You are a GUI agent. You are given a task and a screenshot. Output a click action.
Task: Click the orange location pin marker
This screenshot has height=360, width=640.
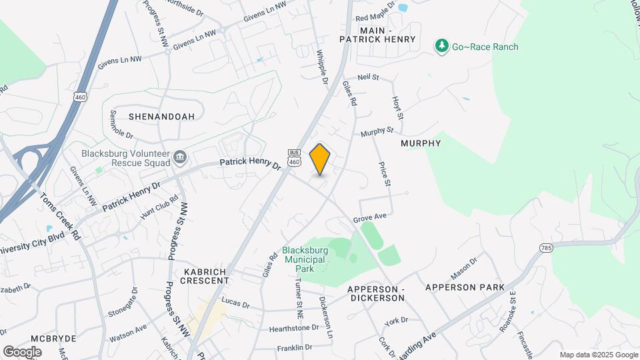(320, 159)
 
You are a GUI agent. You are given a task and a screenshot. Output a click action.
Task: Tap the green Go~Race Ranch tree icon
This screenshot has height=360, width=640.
(441, 46)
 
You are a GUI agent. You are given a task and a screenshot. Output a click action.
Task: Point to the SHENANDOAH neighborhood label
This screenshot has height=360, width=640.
(161, 116)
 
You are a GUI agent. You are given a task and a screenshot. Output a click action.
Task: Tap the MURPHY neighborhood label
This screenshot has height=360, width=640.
(421, 143)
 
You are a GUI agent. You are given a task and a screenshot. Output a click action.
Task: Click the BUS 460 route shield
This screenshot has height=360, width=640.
(295, 157)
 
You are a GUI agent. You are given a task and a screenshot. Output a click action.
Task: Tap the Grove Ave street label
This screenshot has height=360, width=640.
(369, 218)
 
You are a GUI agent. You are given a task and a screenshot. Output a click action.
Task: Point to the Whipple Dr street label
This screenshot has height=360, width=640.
(323, 67)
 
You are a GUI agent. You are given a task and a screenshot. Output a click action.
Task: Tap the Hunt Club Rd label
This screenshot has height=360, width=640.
(159, 207)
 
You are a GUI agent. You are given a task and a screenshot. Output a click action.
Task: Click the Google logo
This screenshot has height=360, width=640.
(22, 351)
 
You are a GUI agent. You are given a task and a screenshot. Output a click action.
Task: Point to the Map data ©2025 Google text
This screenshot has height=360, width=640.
(598, 355)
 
